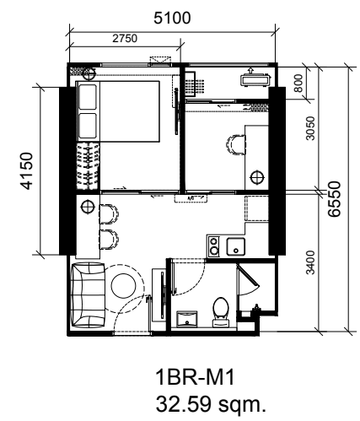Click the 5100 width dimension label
coord(172,18)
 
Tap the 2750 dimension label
coord(125,38)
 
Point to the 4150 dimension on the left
coord(27,170)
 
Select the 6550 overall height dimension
coord(335,199)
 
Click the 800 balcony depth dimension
coord(298,83)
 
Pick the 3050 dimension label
coord(310,128)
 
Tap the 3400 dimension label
coord(310,262)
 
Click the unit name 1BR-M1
coord(195,377)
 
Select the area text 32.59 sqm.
coord(211,404)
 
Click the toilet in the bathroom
coord(221,312)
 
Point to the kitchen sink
coord(236,246)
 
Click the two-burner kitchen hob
coord(214,246)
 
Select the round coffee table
coord(123,285)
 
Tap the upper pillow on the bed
coord(88,97)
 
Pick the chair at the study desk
coord(235,144)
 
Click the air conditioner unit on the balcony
coord(255,79)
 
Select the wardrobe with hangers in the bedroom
coord(88,166)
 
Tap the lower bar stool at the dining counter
coord(109,240)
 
